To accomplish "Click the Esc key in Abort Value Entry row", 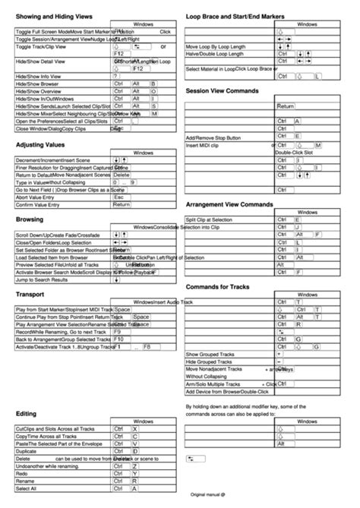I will pos(118,197).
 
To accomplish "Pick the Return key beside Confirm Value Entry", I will pos(122,205).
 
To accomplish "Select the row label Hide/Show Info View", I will pos(39,76).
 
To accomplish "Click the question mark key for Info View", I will pos(115,76).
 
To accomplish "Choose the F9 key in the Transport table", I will pos(117,332).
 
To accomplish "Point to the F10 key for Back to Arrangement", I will pos(118,339).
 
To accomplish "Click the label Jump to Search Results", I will pos(45,280).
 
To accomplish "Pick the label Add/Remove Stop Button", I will pos(218,137).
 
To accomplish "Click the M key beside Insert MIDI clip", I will pos(317,145).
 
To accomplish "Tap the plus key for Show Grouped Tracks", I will pos(279,355).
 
